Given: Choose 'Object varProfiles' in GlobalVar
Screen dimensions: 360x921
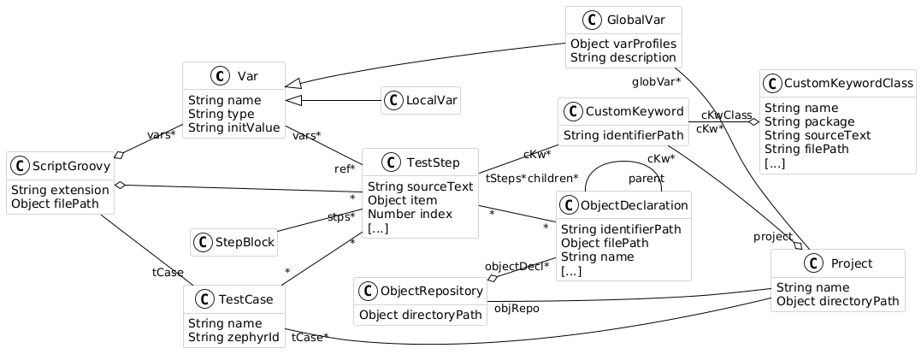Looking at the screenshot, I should click(623, 44).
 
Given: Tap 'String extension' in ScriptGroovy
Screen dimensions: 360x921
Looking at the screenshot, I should click(59, 189).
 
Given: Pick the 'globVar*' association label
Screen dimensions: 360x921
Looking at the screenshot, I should click(656, 82).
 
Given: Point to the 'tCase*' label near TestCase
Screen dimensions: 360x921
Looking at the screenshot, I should click(310, 338).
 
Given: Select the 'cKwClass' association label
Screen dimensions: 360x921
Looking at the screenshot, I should click(726, 115).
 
